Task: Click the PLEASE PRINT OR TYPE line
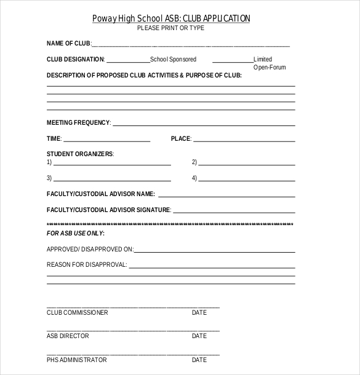pos(170,28)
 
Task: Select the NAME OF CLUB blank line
pos(191,45)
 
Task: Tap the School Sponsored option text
pos(174,60)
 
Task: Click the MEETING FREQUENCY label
pos(78,122)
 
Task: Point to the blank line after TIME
pos(106,141)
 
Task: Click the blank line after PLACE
pos(244,141)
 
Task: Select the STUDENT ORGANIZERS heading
pos(80,154)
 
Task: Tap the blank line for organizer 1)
pos(112,165)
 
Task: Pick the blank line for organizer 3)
pos(112,180)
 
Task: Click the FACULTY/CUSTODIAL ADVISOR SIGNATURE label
pos(108,210)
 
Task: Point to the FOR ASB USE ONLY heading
pos(76,234)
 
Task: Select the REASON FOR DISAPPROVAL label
pos(87,265)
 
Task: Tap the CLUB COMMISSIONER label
pos(78,313)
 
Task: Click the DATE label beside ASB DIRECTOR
pos(199,336)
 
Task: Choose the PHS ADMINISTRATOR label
pos(77,360)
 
